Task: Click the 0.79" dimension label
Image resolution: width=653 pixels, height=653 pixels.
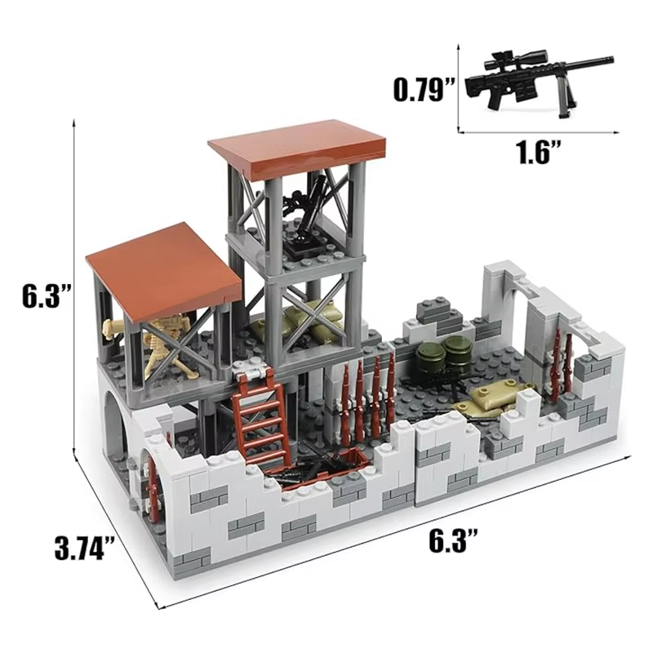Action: tap(424, 87)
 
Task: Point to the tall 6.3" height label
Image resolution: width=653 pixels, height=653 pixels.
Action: tap(41, 295)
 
